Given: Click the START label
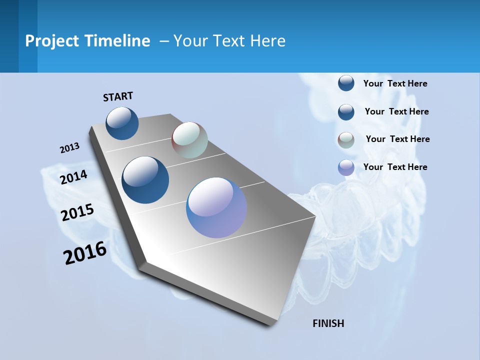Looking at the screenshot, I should [x=118, y=96].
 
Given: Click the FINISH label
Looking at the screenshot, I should [x=328, y=323].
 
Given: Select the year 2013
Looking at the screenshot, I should [x=69, y=148].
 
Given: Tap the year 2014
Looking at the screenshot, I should [x=73, y=177].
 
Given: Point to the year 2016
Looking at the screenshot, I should [x=85, y=253].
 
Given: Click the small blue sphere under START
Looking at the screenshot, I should [x=122, y=123].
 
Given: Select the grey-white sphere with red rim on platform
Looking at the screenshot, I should [x=189, y=140].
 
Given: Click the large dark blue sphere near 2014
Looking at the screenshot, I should [x=145, y=180].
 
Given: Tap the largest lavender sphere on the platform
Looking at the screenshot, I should [x=216, y=207].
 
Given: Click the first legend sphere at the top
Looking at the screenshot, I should [x=346, y=83].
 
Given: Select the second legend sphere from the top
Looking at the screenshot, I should [x=346, y=112].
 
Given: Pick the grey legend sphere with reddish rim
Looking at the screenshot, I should [x=346, y=140].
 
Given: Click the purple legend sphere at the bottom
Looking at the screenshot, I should [x=346, y=167].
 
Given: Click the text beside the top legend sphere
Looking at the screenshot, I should [x=395, y=83].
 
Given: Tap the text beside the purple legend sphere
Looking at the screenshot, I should [x=395, y=167].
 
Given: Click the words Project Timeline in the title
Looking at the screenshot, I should [x=87, y=41].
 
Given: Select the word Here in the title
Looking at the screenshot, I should [x=267, y=41].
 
